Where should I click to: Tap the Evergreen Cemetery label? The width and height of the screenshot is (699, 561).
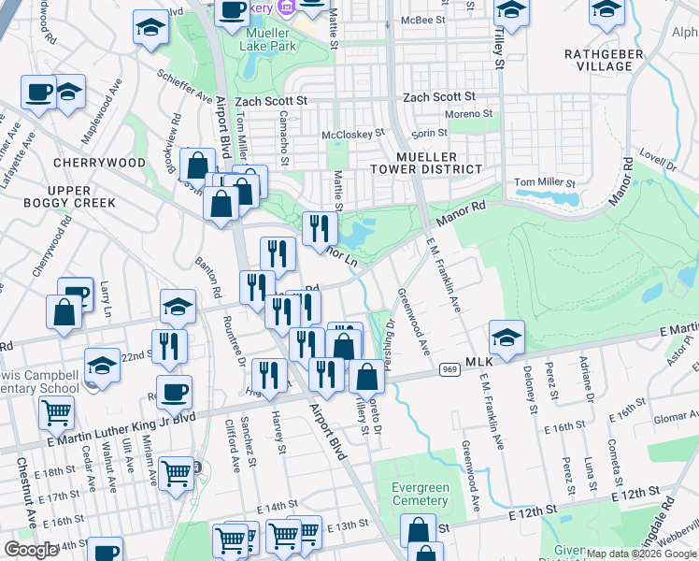click(418, 494)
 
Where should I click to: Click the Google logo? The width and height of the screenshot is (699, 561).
click(32, 549)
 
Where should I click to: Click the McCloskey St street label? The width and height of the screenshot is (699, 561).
click(353, 134)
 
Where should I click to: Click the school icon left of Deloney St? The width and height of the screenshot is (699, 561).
click(506, 338)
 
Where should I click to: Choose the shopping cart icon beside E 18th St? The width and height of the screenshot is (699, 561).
click(57, 411)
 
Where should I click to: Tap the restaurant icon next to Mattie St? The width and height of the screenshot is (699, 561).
click(320, 227)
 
